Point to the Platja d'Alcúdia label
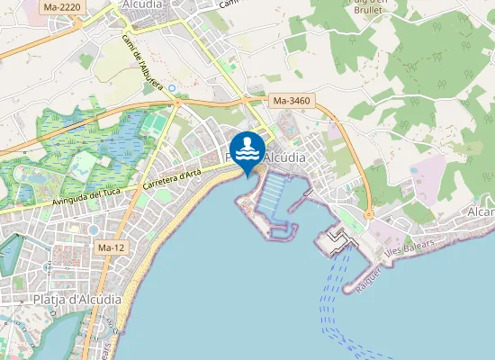click(76, 300)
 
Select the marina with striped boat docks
click(274, 190)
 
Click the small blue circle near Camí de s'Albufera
click(172, 88)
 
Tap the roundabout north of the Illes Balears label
click(369, 214)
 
